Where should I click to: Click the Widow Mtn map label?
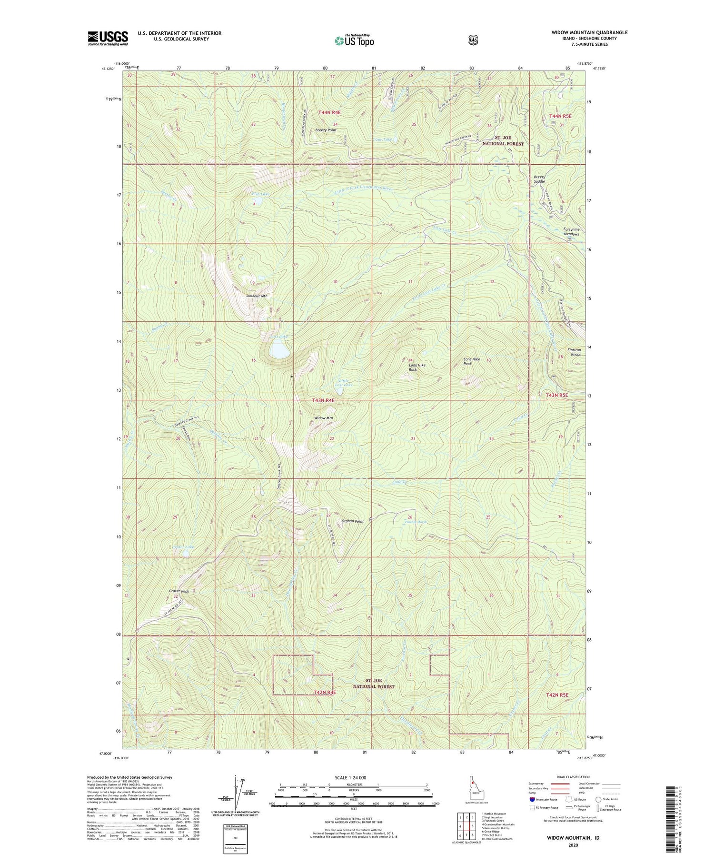pos(323,418)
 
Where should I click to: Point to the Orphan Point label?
pos(352,521)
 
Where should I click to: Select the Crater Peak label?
pos(179,591)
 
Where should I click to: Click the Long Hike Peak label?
pos(472,361)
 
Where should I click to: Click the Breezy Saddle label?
pos(539,179)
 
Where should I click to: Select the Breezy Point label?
pos(326,130)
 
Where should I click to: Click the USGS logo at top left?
pos(108,38)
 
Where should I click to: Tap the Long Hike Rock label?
pos(417,367)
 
